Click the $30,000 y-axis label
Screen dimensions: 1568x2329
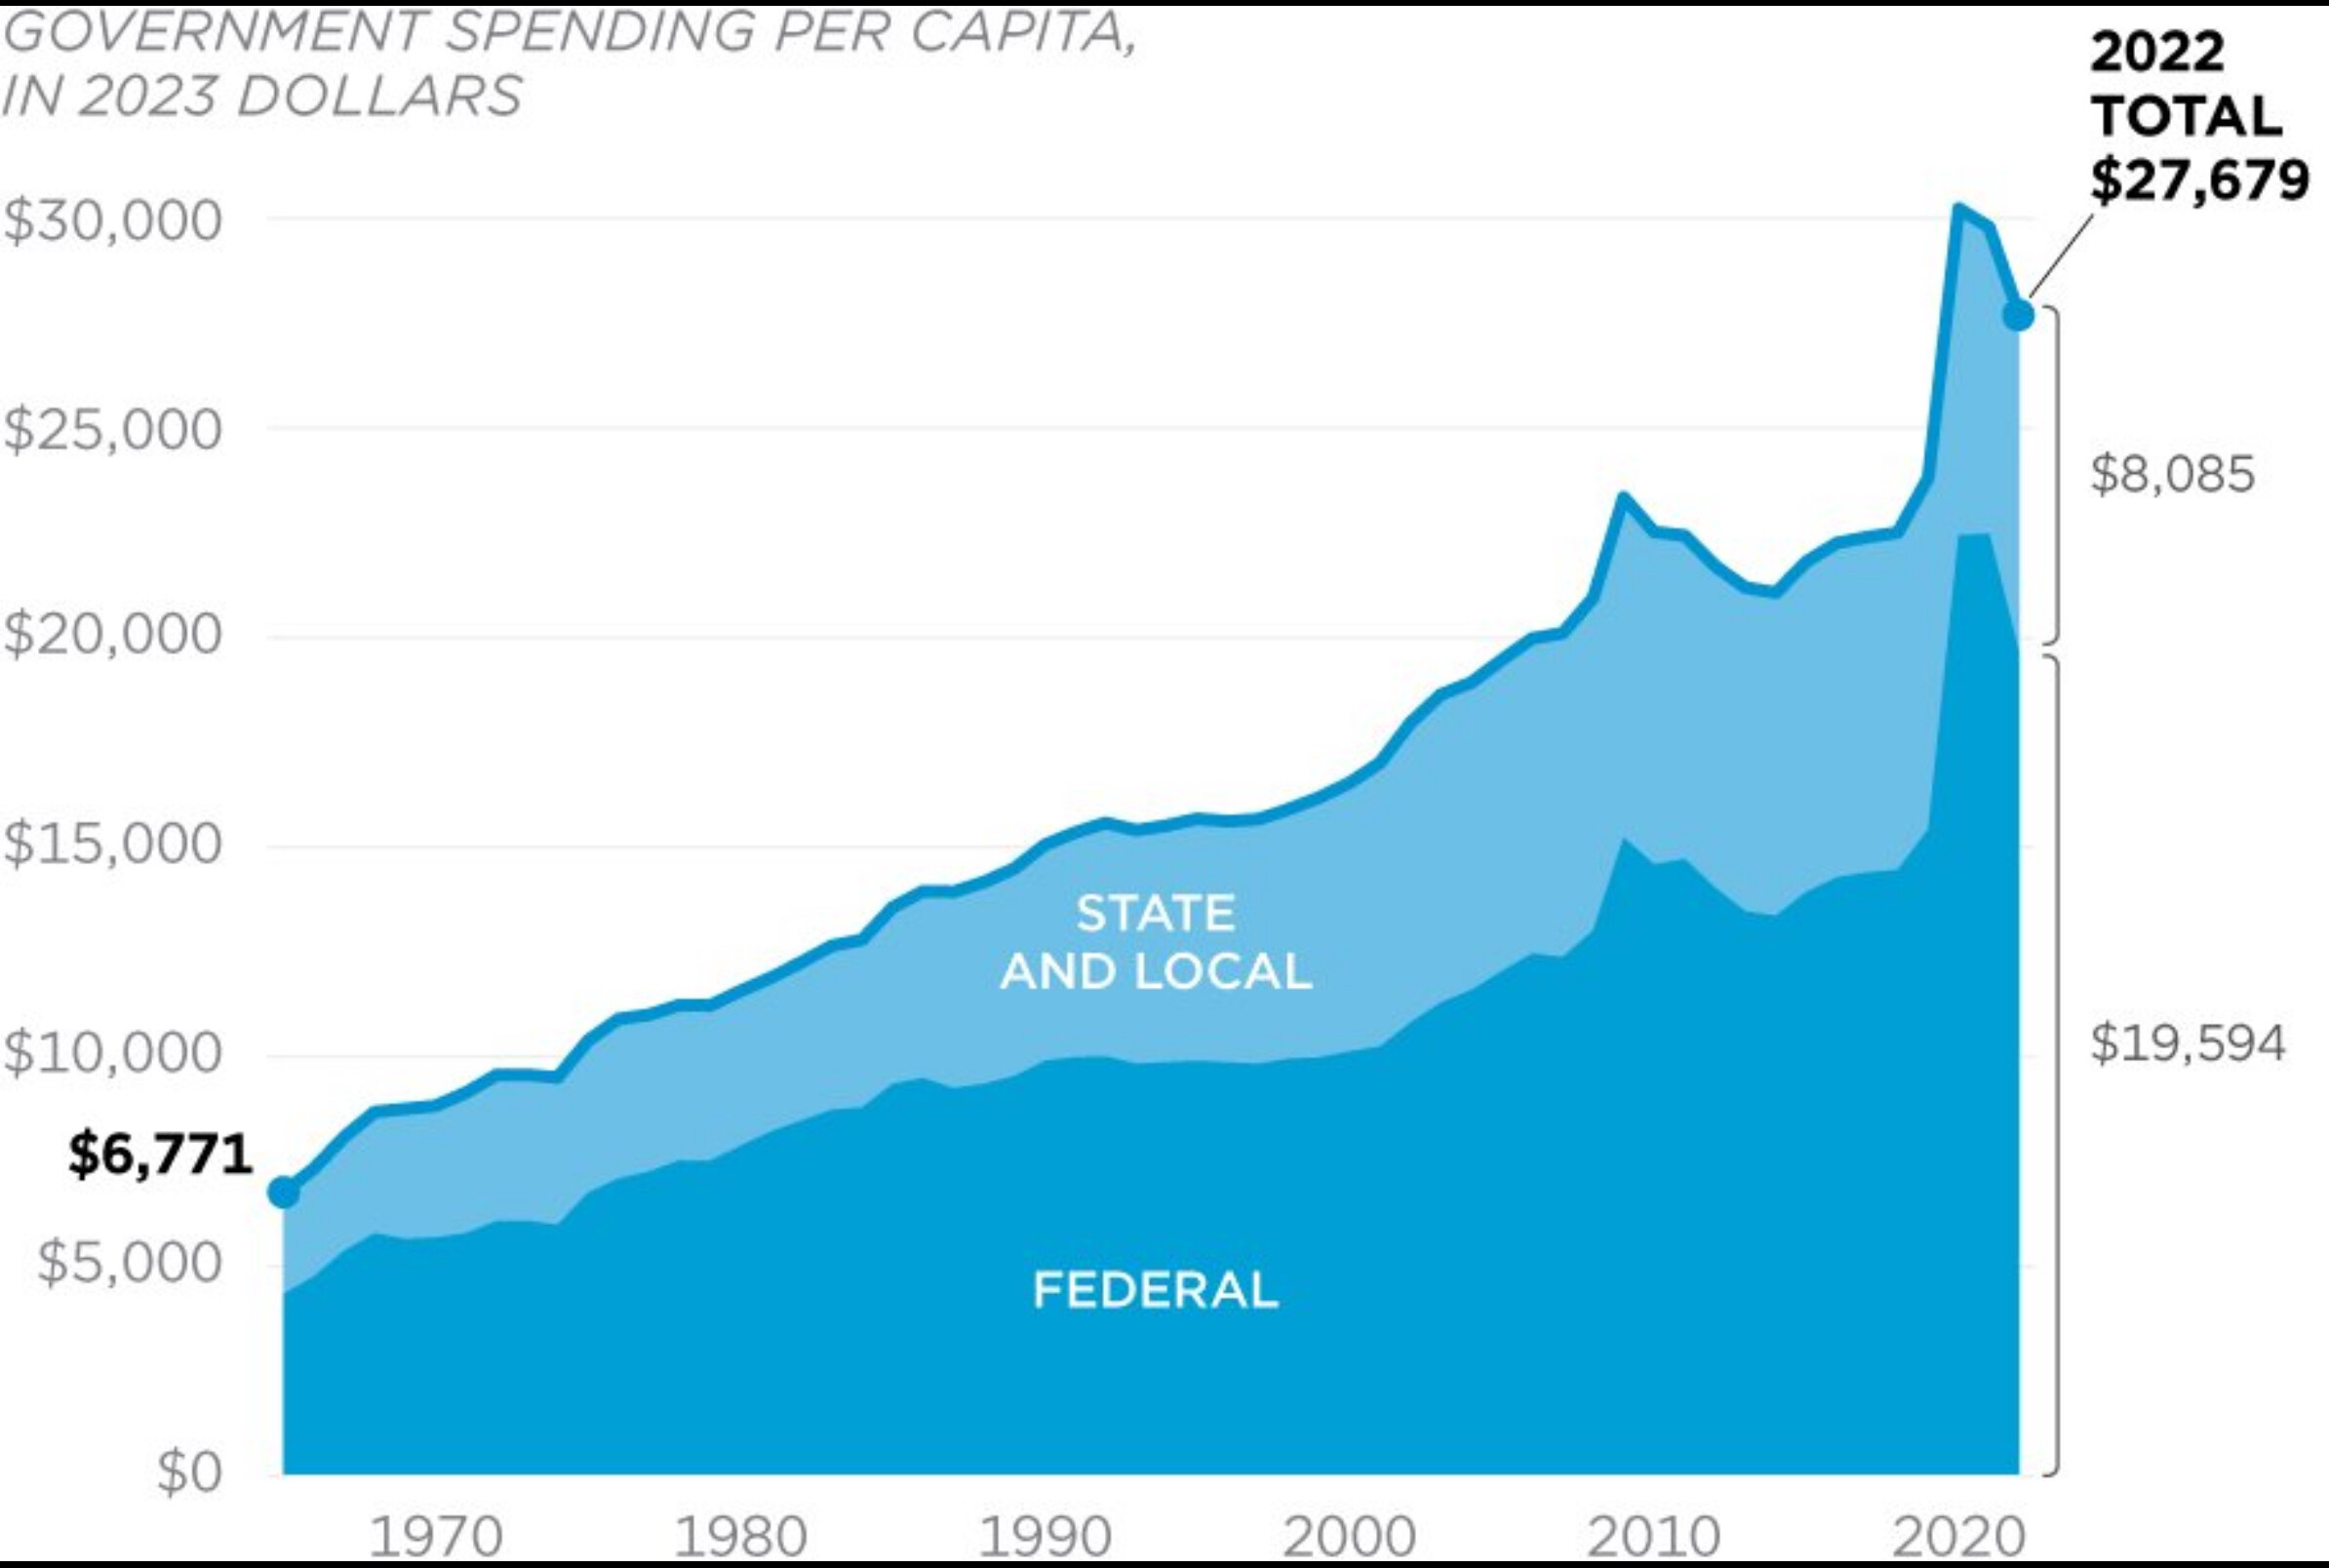pyautogui.click(x=112, y=221)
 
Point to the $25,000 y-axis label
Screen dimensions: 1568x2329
pyautogui.click(x=112, y=430)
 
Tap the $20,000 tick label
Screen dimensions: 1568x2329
pyautogui.click(x=112, y=635)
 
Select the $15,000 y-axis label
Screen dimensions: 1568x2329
pyautogui.click(x=112, y=845)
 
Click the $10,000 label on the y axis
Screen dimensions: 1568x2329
pyautogui.click(x=112, y=1053)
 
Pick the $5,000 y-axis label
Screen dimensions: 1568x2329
pyautogui.click(x=129, y=1262)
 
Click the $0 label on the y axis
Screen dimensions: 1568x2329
pyautogui.click(x=189, y=1472)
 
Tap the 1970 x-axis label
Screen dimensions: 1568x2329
pyautogui.click(x=436, y=1537)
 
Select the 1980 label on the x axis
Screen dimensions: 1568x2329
pyautogui.click(x=741, y=1537)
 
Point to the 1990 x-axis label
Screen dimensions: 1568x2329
pyautogui.click(x=1045, y=1537)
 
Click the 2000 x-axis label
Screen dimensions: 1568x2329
pyautogui.click(x=1349, y=1537)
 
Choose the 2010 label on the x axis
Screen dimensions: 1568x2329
pyautogui.click(x=1653, y=1537)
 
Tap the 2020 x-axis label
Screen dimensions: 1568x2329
pyautogui.click(x=1957, y=1537)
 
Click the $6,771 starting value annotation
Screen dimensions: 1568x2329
pyautogui.click(x=160, y=1156)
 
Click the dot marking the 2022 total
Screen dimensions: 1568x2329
pyautogui.click(x=2018, y=314)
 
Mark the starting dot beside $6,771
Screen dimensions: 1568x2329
pyautogui.click(x=284, y=1192)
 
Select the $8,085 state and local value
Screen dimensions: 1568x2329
pyautogui.click(x=2172, y=474)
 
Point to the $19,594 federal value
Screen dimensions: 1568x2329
pyautogui.click(x=2187, y=1044)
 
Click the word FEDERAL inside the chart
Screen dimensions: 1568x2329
pyautogui.click(x=1155, y=1290)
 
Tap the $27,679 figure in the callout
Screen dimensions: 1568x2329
pyautogui.click(x=2200, y=181)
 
